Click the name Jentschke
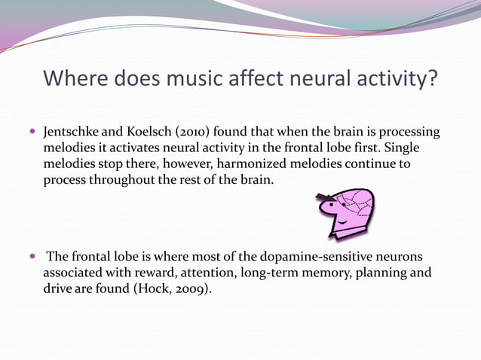[72, 133]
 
